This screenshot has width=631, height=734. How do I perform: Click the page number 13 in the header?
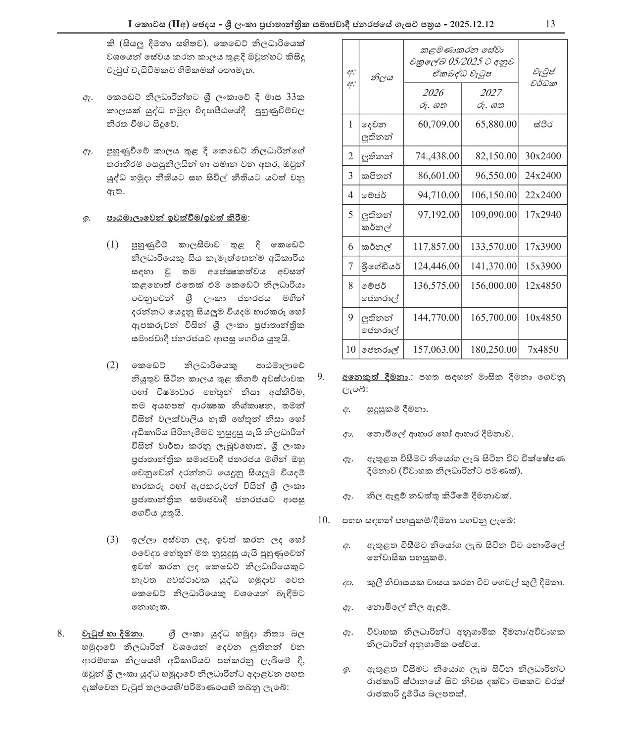550,24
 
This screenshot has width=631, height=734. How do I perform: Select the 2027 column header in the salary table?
490,93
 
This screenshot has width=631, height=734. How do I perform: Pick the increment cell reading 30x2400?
543,156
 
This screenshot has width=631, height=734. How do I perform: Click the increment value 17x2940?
543,215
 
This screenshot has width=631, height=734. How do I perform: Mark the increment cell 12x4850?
543,285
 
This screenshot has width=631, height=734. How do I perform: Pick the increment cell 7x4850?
543,349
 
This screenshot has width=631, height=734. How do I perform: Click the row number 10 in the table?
350,349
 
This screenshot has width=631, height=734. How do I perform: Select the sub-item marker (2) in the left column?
113,366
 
